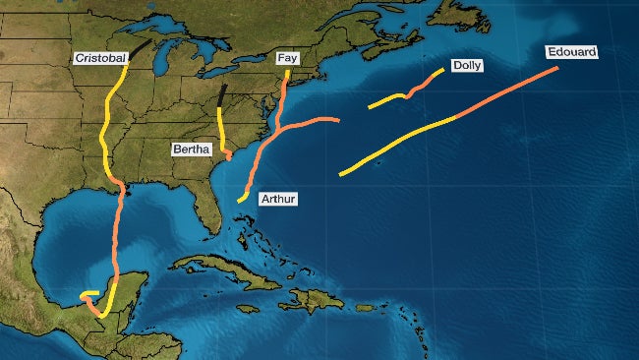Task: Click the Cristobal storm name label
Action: tap(101, 59)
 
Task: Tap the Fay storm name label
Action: tap(288, 59)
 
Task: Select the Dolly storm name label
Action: tap(466, 66)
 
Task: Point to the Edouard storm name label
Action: tap(572, 52)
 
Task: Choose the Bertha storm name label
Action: tap(190, 149)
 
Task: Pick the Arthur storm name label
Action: tap(277, 200)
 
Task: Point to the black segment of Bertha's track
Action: tap(222, 95)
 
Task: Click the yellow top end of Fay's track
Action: tap(287, 74)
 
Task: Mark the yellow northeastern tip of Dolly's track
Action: tap(439, 73)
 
